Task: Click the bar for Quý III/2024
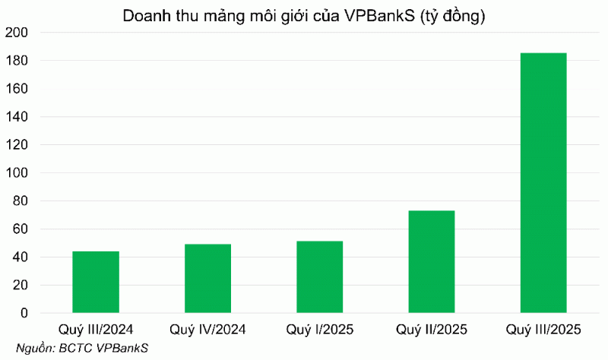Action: (x=96, y=282)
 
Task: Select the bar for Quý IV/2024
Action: (x=207, y=278)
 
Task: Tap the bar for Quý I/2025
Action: (x=320, y=276)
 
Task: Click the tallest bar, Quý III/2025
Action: (x=543, y=182)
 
